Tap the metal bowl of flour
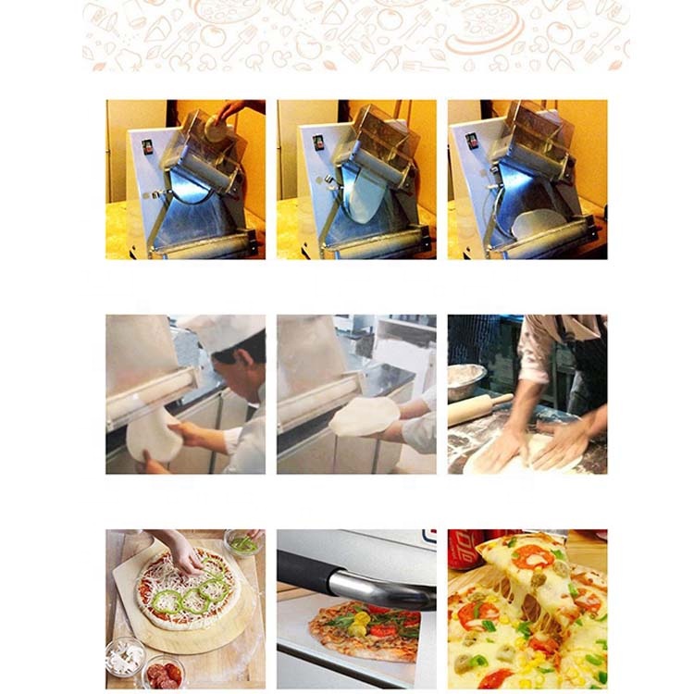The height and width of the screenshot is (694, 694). coord(466,378)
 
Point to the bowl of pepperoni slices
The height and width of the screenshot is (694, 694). coord(163,671)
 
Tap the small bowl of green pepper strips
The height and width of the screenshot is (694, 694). coord(243,543)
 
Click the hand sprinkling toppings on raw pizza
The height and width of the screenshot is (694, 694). coord(182,553)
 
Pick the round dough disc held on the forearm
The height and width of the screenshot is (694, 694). coord(365,416)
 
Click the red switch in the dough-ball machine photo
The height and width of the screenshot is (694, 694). coord(147,145)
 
